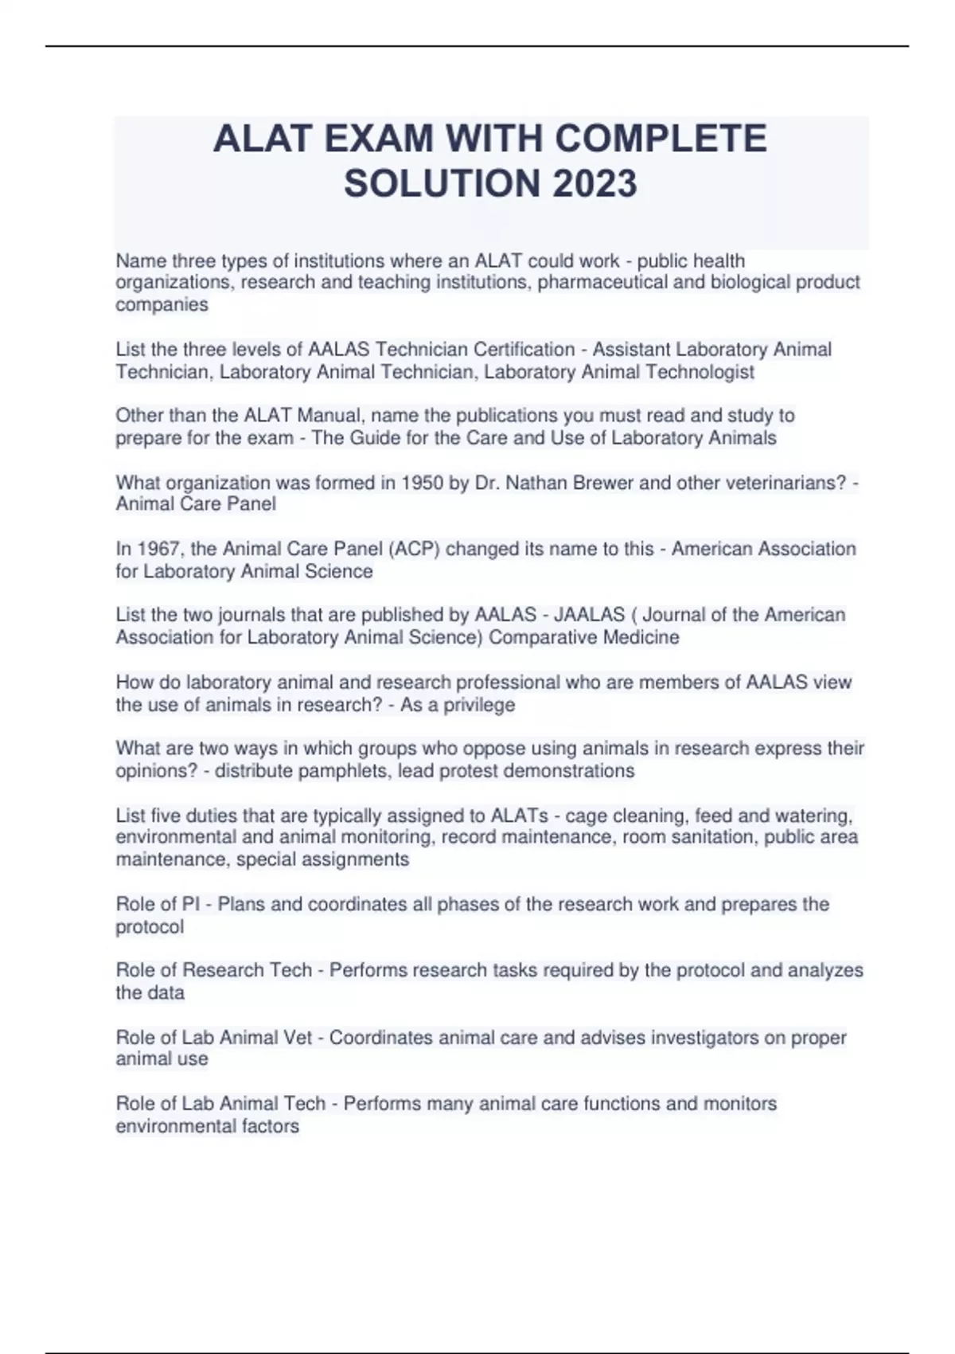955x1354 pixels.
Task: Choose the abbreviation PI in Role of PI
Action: [191, 904]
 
